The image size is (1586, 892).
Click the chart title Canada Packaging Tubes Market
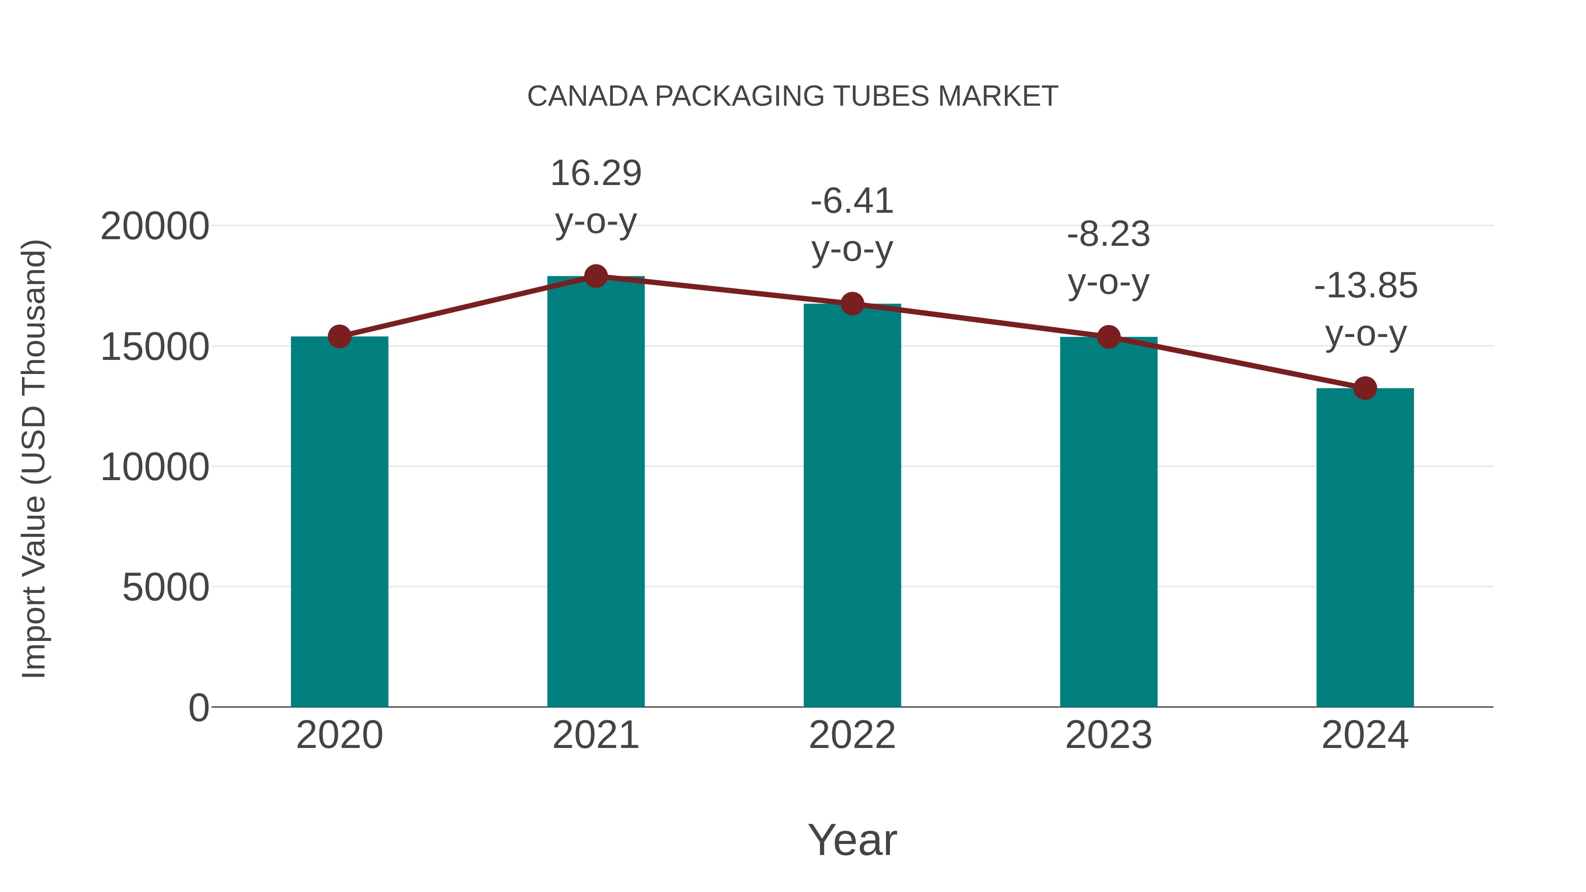(793, 96)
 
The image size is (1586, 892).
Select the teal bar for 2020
(339, 523)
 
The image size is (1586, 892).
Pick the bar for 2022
(852, 505)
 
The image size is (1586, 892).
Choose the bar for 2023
(1108, 523)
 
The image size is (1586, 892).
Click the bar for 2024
(1365, 548)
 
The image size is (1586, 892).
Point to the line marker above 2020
(339, 336)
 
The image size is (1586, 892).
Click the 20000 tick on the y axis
(155, 226)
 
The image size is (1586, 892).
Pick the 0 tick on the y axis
(199, 707)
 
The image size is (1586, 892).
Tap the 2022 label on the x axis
(852, 735)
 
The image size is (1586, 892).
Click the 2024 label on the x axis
(1365, 735)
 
